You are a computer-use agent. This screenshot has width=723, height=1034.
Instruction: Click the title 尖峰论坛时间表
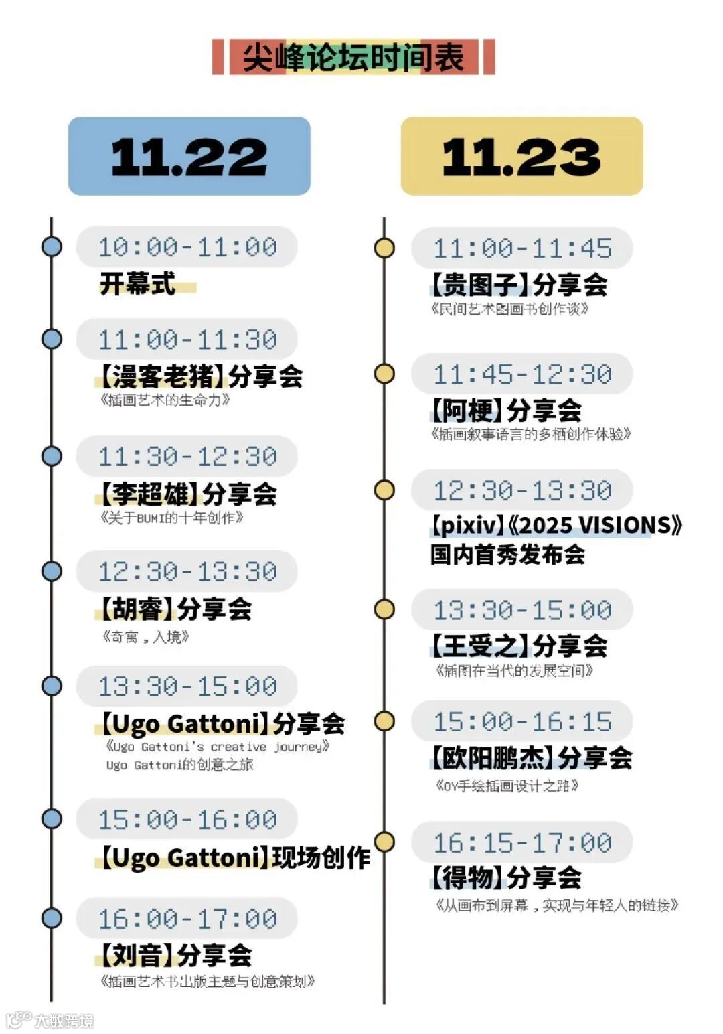(x=353, y=57)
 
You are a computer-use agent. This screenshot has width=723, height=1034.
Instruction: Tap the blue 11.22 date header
(x=189, y=157)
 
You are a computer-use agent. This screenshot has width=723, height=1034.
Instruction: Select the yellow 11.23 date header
(x=521, y=157)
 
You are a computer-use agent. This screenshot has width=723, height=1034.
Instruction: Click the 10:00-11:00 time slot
(x=187, y=247)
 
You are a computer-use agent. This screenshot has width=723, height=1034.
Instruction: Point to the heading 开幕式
(x=138, y=283)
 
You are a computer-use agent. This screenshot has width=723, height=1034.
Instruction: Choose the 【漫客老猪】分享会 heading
(x=201, y=376)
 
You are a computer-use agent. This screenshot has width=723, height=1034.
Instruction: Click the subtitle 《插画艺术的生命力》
(x=165, y=400)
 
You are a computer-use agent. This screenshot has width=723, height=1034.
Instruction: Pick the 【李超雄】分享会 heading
(x=187, y=494)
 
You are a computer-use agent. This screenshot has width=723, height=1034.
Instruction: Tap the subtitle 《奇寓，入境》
(x=145, y=636)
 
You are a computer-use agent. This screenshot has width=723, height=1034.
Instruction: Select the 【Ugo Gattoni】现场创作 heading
(x=234, y=858)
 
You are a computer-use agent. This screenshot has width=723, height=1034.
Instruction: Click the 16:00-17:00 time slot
(x=187, y=919)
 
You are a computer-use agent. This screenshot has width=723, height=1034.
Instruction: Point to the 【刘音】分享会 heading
(x=175, y=955)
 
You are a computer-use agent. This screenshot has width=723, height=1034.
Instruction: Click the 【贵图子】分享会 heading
(x=519, y=285)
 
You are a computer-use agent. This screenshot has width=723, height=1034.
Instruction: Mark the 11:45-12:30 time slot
(x=522, y=374)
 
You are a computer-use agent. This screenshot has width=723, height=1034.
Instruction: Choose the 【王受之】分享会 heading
(x=519, y=646)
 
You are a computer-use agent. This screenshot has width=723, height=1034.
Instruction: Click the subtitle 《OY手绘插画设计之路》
(x=507, y=785)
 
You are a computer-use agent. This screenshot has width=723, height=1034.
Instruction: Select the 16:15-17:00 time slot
(x=522, y=842)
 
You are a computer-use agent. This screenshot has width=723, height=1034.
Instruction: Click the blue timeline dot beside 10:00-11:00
(x=52, y=246)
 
